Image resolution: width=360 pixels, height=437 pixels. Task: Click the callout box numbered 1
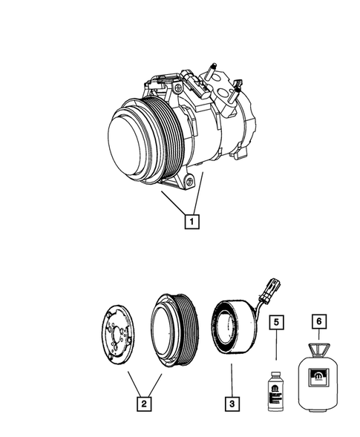[x=192, y=220]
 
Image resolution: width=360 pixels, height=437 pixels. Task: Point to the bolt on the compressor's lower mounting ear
[x=192, y=179]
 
